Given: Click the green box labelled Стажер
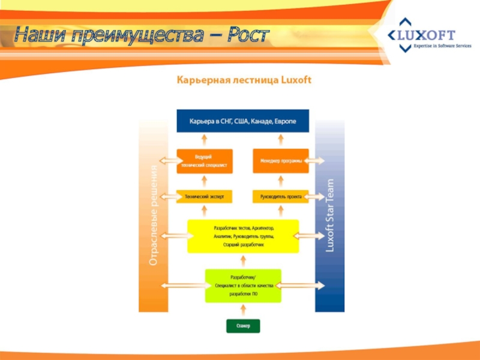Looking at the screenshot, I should (243, 326).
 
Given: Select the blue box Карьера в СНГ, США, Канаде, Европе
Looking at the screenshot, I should (243, 121).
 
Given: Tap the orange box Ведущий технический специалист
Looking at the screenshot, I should (205, 161).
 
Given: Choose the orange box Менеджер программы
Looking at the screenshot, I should (281, 161).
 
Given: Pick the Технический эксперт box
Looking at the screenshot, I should (205, 196).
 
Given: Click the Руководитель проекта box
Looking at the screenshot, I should (281, 196).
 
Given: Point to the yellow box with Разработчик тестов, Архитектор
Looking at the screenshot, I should (243, 236).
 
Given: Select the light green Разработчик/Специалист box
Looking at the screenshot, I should (243, 286).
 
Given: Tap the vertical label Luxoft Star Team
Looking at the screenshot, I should (329, 216).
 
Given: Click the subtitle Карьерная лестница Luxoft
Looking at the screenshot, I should (243, 80).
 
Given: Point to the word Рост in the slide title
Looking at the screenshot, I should (247, 35).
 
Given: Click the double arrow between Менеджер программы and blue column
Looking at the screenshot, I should (316, 161).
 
